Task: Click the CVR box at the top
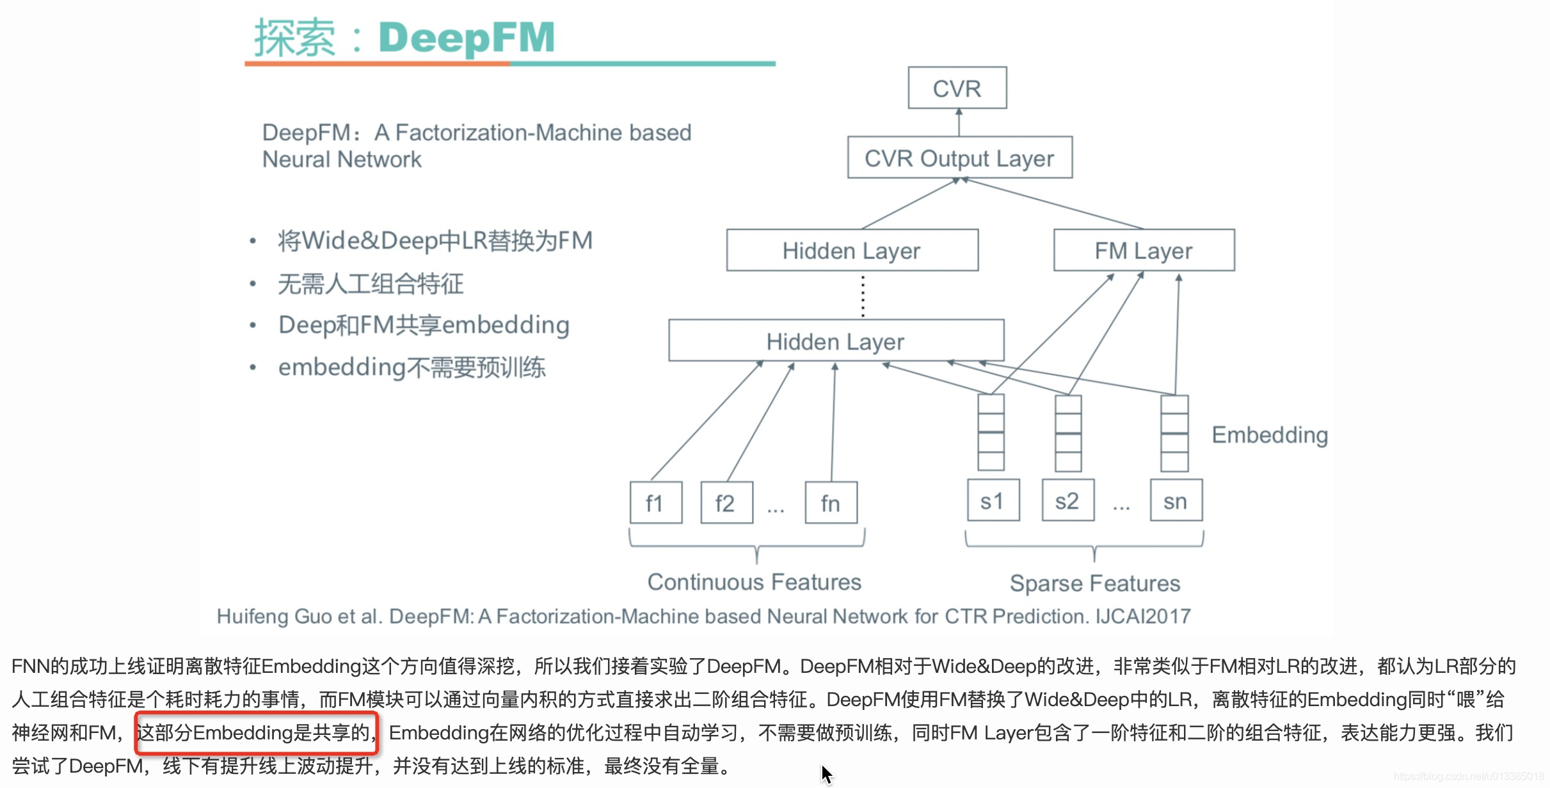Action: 957,88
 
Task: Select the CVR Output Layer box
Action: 959,158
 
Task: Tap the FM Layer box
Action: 1144,250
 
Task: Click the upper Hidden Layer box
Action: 852,250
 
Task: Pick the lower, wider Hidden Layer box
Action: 836,341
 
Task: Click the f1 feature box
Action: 655,503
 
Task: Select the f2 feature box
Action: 726,503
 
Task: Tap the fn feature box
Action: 831,503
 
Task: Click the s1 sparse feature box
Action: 993,501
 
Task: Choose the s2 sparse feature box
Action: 1067,501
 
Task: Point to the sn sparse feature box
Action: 1176,501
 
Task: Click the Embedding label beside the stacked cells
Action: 1270,435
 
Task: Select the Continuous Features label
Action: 754,581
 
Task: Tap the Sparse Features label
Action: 1094,583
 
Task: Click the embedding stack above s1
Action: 991,433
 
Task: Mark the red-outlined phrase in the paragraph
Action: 256,732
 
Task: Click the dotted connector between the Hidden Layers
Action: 863,295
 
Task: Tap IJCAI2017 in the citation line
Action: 1143,616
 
